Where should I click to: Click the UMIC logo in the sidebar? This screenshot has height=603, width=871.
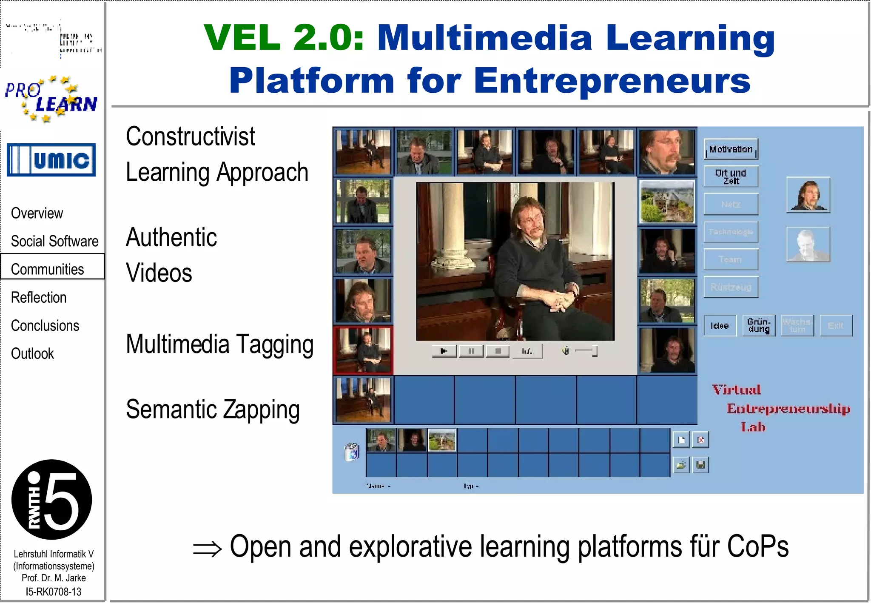51,160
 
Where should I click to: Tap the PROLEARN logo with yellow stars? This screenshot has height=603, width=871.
51,99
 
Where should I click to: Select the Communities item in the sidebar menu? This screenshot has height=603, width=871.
48,269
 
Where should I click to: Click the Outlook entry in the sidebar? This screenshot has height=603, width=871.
32,353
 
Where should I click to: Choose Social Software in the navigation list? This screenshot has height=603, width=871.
54,241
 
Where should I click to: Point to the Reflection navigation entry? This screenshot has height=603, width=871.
39,297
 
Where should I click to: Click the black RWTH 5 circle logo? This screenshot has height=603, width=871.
51,500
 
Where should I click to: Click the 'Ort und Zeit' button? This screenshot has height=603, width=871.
731,176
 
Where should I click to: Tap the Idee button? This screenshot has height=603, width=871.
720,326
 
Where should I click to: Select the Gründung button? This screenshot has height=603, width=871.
759,326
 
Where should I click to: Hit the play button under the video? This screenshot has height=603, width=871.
444,351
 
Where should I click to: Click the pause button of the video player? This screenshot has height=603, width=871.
471,351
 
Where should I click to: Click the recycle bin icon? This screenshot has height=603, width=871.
352,452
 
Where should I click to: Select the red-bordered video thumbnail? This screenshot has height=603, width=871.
363,350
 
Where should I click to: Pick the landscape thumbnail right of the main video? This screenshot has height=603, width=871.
667,201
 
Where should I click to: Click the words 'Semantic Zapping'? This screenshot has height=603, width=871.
213,410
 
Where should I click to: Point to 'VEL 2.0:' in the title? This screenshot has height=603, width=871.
284,37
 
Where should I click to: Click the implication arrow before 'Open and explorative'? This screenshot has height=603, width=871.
207,549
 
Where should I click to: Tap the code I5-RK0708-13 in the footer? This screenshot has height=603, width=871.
54,592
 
